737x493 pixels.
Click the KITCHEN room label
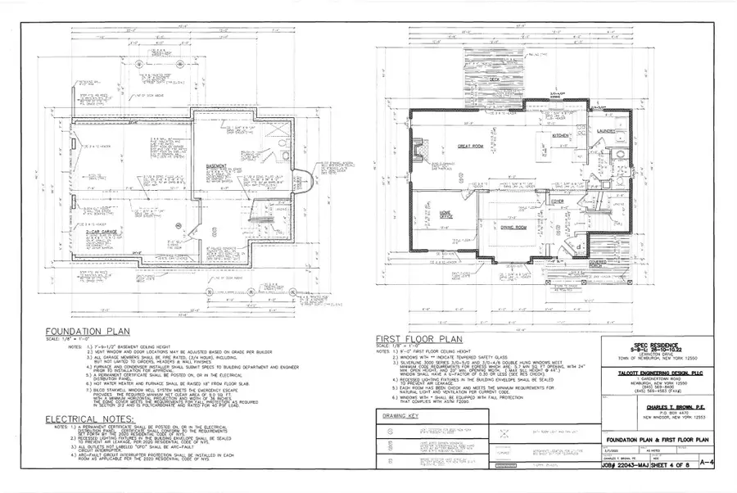(560, 135)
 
